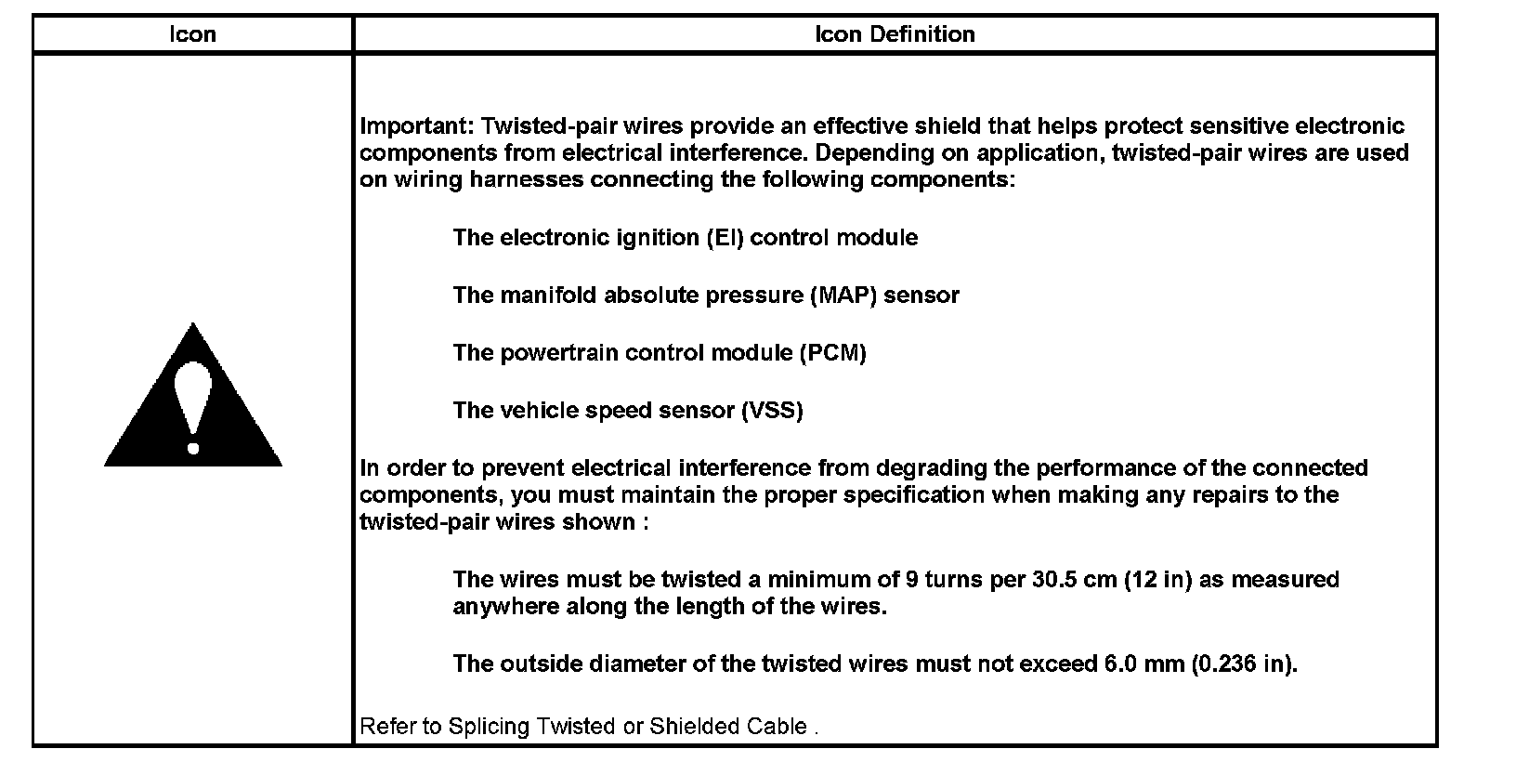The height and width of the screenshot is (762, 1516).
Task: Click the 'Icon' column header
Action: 192,34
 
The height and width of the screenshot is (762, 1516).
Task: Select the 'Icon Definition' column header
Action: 895,34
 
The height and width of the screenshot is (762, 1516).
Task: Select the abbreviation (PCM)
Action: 832,353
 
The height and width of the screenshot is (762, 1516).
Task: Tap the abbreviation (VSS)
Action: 771,411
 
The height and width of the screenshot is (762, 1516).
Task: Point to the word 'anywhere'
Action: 499,607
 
